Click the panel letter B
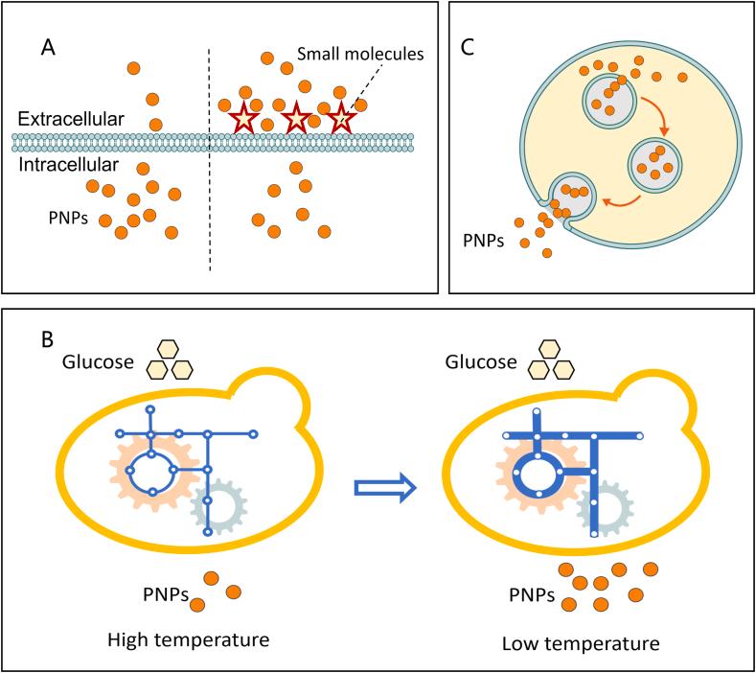45,339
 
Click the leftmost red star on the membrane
243,120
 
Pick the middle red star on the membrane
297,120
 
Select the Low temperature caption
581,641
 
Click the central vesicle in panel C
655,159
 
